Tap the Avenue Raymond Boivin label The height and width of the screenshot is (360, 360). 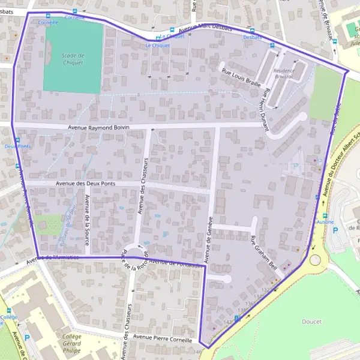click(x=98, y=127)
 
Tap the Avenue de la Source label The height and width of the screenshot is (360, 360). click(x=87, y=214)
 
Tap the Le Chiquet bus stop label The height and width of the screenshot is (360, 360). click(x=158, y=45)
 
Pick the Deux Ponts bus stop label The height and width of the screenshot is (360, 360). click(x=17, y=146)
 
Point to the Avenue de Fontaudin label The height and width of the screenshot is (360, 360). click(x=174, y=262)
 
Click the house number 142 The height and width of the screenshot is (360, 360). click(x=227, y=322)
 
